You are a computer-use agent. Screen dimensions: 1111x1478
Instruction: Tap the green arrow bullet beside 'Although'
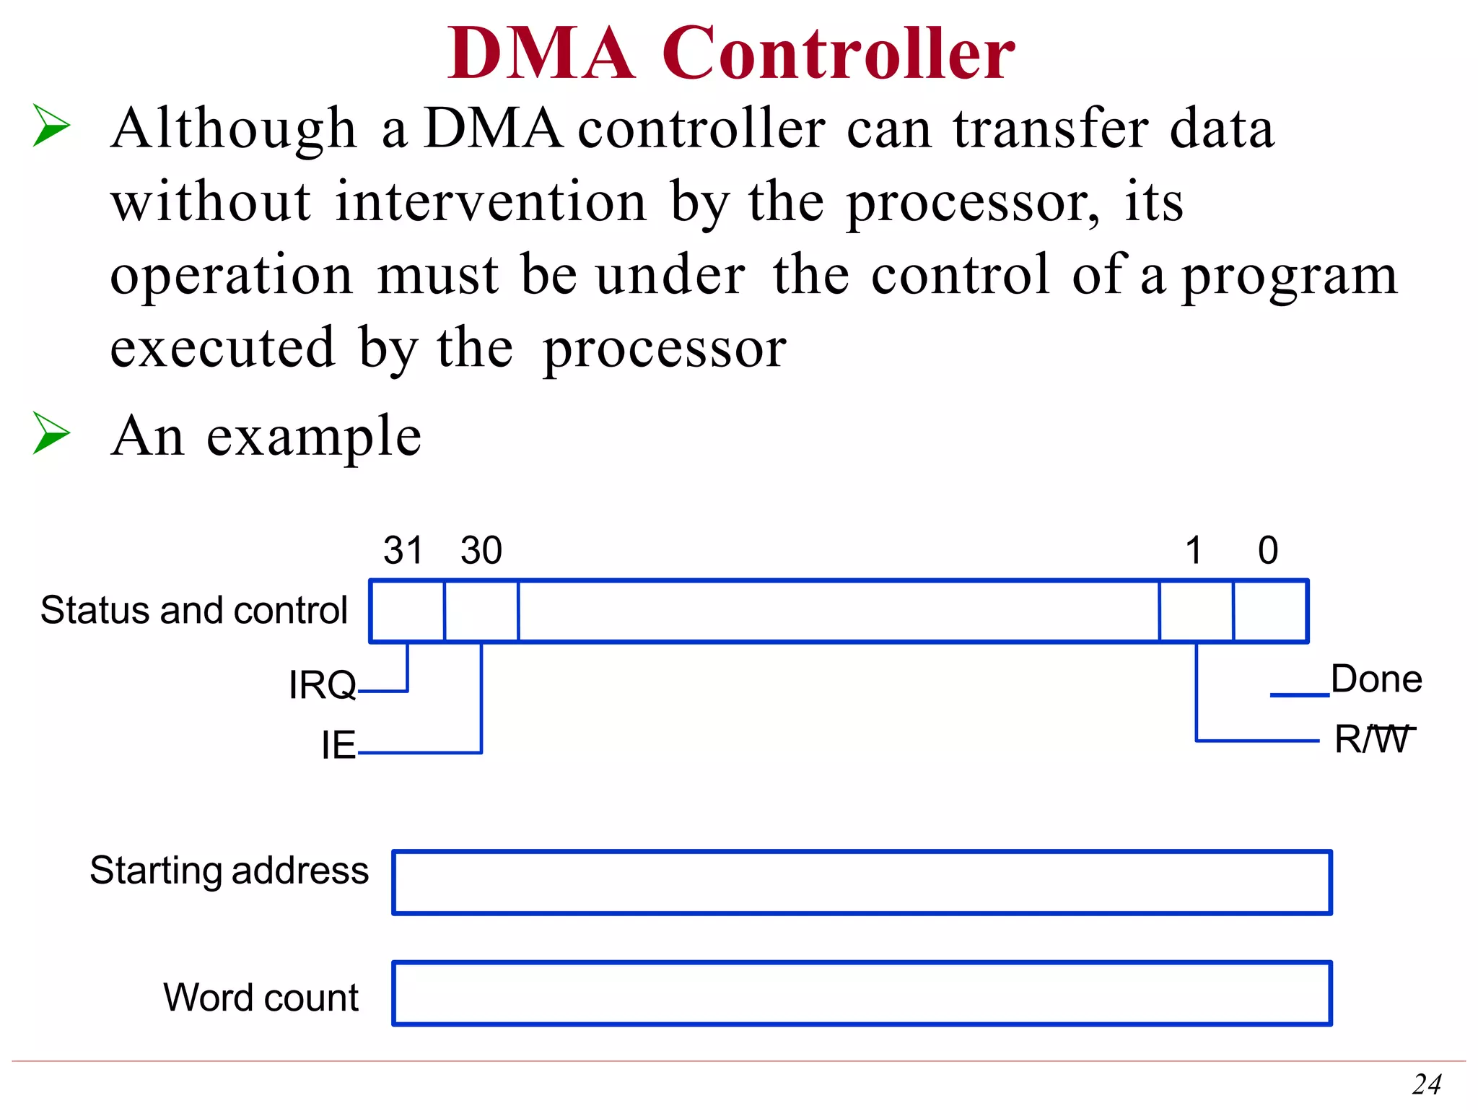51,126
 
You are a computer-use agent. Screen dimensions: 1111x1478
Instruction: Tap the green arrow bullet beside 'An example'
51,433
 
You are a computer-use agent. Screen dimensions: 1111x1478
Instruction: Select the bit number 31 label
403,550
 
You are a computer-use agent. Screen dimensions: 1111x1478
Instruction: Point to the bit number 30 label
481,550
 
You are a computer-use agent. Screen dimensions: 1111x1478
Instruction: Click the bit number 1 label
1194,550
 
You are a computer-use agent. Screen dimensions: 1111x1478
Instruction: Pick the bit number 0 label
1268,550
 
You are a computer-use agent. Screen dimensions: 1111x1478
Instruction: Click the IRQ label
322,684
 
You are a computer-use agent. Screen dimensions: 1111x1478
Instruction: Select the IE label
338,745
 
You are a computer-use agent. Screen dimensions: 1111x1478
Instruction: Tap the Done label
1376,679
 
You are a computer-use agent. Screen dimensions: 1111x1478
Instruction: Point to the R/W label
1373,739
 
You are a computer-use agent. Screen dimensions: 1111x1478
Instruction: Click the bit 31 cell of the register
407,611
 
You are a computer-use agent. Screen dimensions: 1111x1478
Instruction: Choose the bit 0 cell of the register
1270,611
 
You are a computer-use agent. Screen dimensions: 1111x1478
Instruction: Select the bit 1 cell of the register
1196,611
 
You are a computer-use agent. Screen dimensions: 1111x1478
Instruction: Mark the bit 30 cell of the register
481,611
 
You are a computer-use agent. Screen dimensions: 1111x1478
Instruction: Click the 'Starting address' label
229,870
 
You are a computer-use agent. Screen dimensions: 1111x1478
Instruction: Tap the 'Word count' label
261,997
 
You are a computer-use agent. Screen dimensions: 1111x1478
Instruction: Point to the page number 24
1427,1084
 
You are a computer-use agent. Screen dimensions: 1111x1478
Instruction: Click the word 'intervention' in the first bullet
491,201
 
